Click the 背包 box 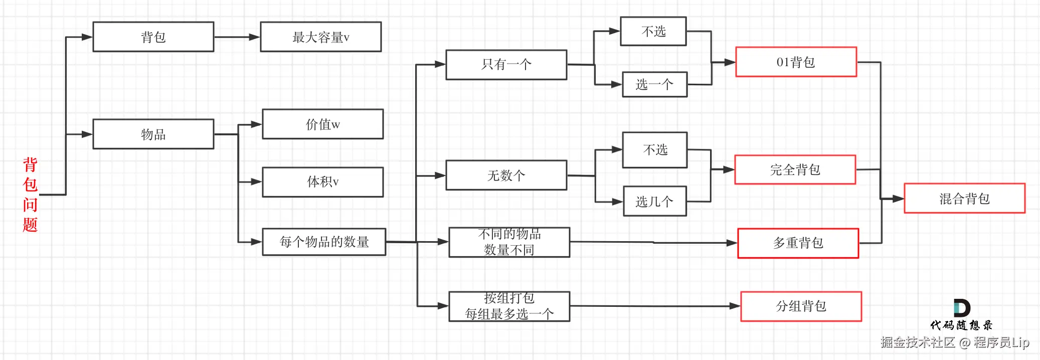click(x=153, y=37)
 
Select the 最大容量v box click(x=321, y=37)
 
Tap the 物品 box click(x=153, y=134)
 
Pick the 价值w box click(x=323, y=124)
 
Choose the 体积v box click(x=323, y=182)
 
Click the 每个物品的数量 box click(x=324, y=242)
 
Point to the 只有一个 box click(x=506, y=65)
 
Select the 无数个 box click(x=506, y=175)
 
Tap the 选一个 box click(x=655, y=84)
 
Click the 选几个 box click(x=655, y=202)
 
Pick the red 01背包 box click(x=796, y=62)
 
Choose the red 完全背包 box click(x=795, y=170)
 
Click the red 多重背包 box click(x=798, y=243)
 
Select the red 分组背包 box click(x=801, y=306)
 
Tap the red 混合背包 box click(x=965, y=199)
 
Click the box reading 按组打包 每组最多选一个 click(x=509, y=306)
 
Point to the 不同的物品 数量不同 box click(x=509, y=242)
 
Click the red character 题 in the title click(x=30, y=224)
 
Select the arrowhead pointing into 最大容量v click(x=255, y=37)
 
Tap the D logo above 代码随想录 click(x=962, y=308)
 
